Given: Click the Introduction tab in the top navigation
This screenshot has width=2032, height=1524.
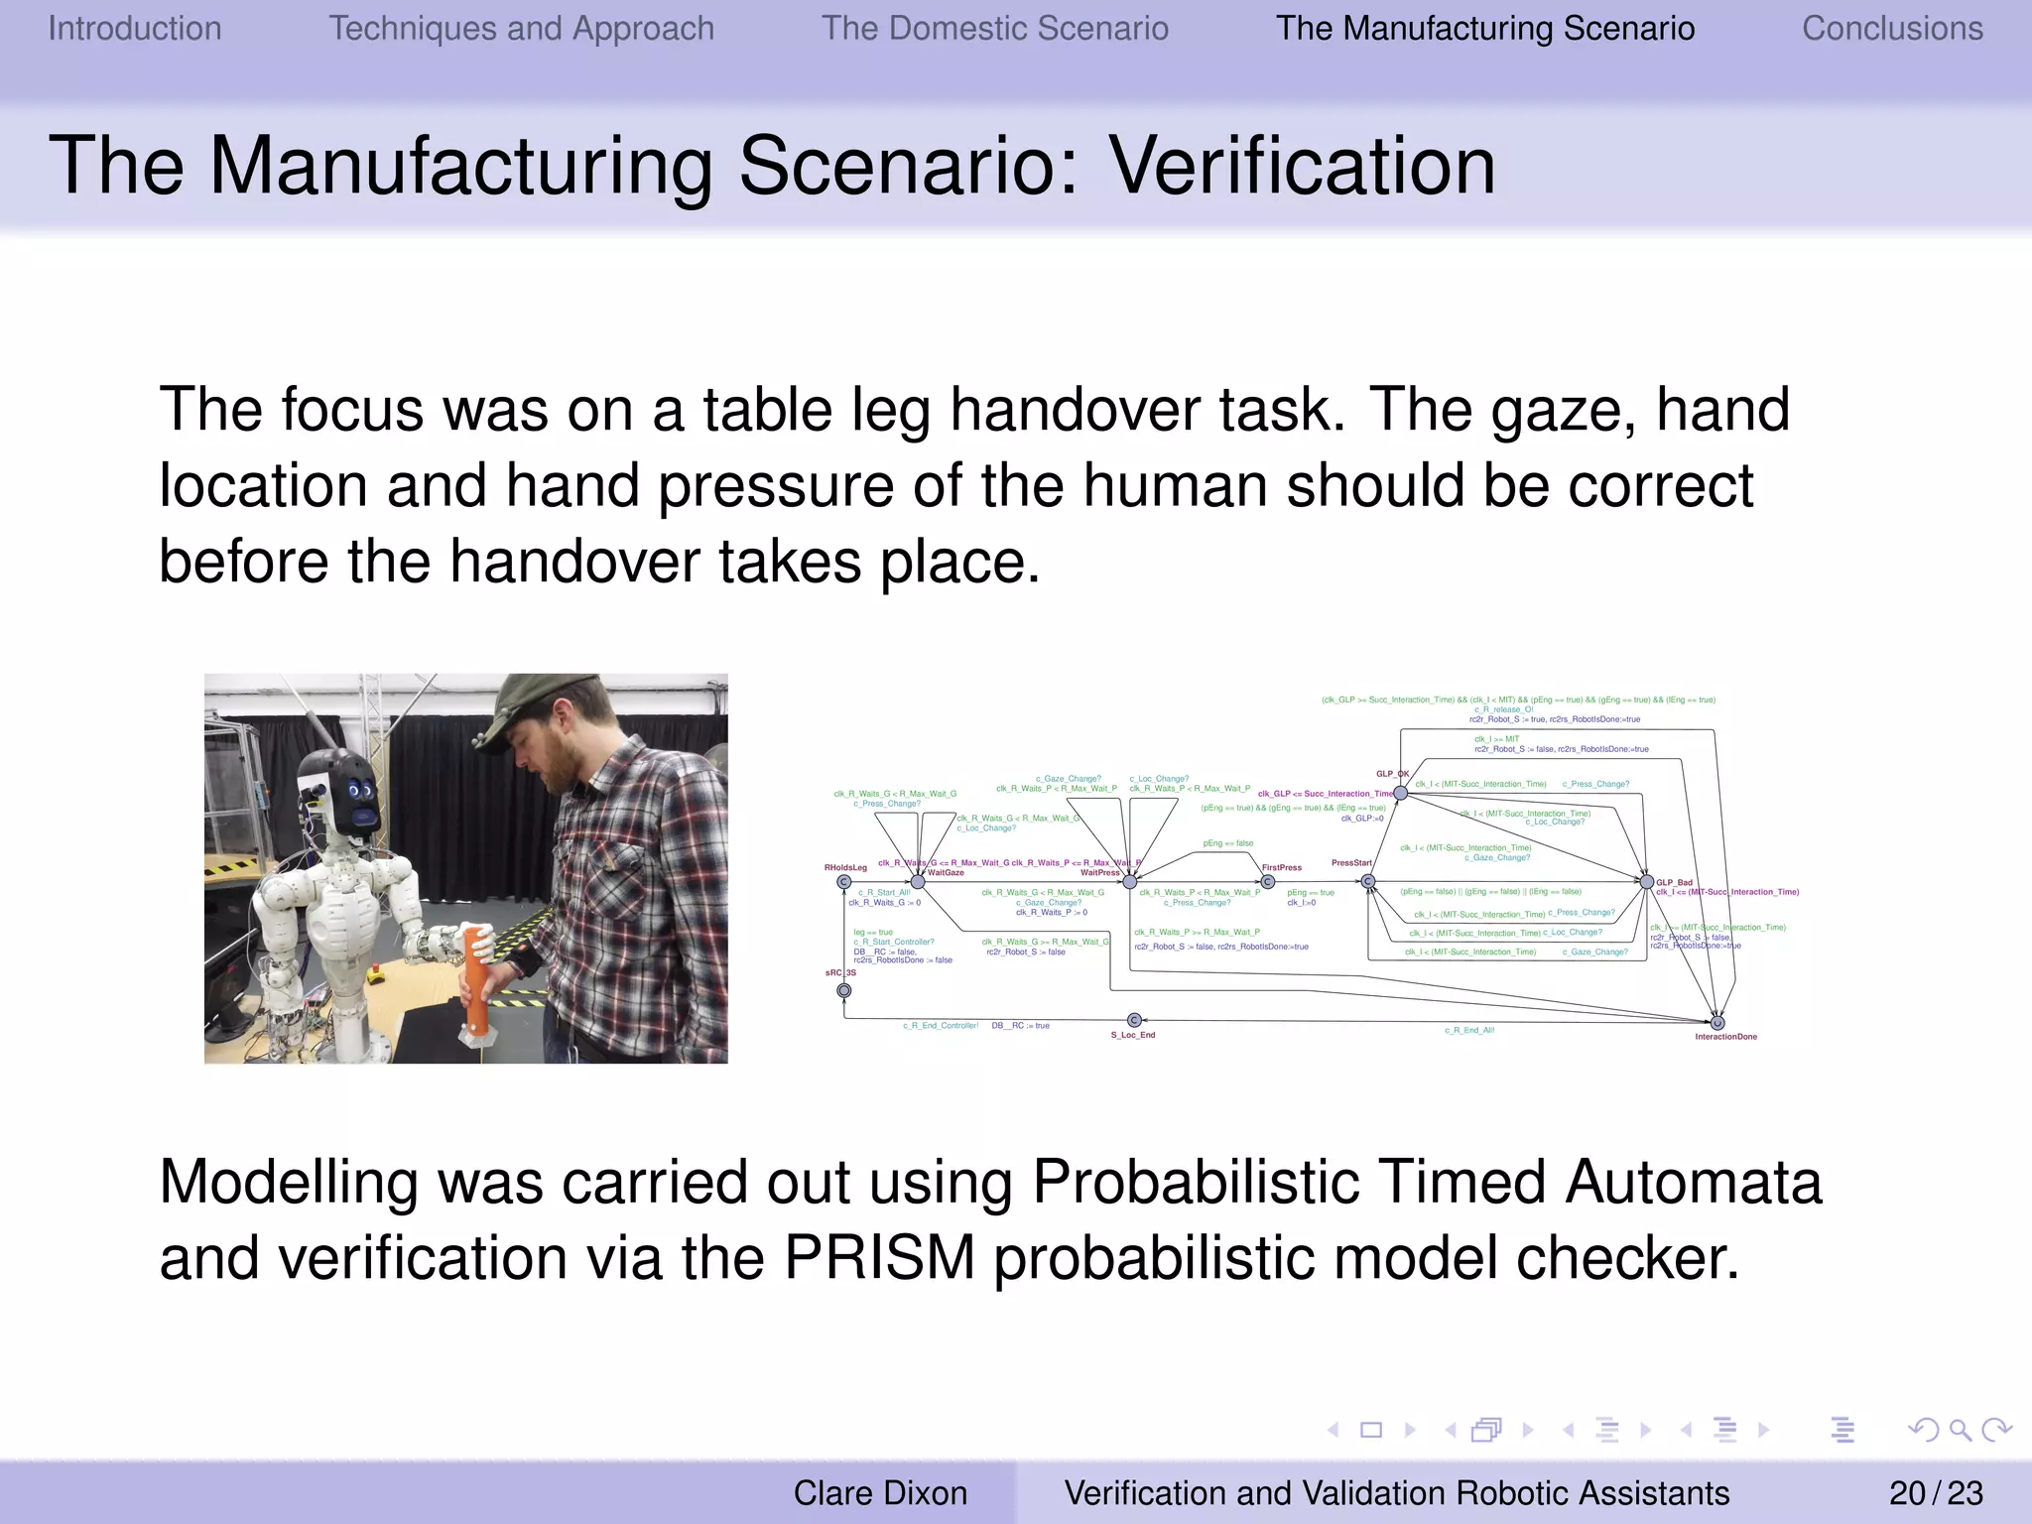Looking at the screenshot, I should [135, 29].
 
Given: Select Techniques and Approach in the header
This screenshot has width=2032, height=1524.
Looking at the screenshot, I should [521, 29].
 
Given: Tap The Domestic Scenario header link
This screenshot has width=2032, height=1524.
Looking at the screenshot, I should [994, 29].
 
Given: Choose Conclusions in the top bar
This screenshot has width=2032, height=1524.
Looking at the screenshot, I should [1892, 29].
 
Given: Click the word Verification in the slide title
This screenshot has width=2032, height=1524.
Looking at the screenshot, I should [1301, 166].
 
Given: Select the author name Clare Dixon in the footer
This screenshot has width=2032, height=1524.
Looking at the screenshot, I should [879, 1492].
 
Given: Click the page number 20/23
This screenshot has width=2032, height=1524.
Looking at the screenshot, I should [1935, 1492].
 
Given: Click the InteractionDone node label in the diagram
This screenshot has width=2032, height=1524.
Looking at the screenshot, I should [1725, 1037].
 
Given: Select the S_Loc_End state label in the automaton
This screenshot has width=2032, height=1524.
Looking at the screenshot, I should [1132, 1035].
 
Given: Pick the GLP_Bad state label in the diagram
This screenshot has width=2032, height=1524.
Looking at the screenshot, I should [1674, 882].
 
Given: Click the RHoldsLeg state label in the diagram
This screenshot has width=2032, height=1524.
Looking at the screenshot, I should [845, 867].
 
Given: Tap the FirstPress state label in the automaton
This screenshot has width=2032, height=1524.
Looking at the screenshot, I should [1281, 867].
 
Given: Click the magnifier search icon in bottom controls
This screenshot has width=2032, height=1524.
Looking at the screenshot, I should [1960, 1430].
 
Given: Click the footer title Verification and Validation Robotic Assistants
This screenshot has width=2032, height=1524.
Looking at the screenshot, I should [1396, 1492].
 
